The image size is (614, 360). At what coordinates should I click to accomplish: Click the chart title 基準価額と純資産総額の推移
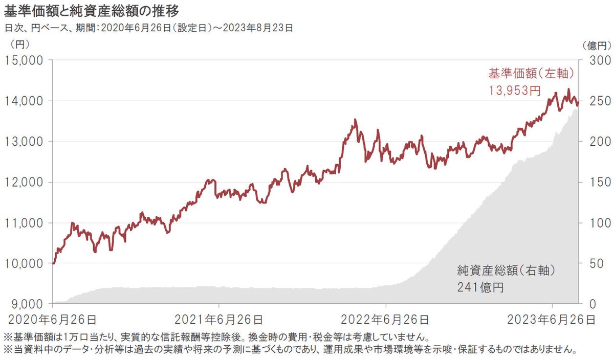[x=92, y=10]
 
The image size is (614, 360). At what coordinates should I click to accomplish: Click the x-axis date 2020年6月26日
[x=53, y=320]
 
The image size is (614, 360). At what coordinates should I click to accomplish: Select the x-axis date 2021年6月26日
[x=219, y=320]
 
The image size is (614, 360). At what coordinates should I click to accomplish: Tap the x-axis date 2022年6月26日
[x=385, y=320]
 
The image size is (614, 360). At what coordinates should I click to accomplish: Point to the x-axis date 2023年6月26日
[x=551, y=320]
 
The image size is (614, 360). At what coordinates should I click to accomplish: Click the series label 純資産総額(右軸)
[x=506, y=269]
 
